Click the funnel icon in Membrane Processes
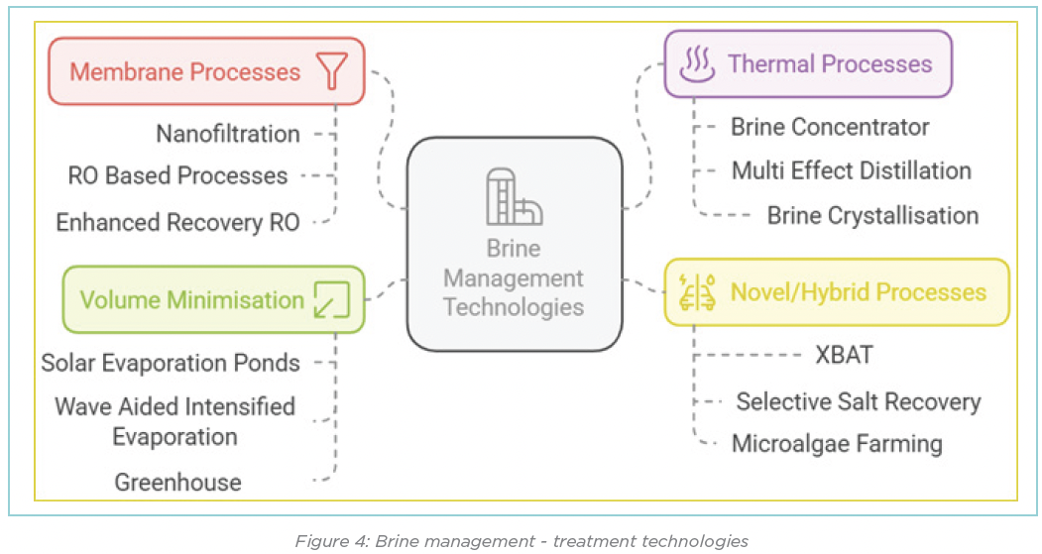point(331,71)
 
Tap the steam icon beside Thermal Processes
point(696,64)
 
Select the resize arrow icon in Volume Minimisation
point(331,299)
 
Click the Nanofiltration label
point(228,133)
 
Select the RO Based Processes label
point(177,176)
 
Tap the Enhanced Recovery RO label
point(177,222)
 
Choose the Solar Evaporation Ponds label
point(171,363)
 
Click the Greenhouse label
point(177,483)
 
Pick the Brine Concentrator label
point(830,127)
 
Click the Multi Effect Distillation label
point(851,170)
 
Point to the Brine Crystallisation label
point(872,215)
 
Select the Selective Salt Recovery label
point(858,401)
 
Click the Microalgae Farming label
point(837,443)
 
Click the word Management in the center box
point(513,278)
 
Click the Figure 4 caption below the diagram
point(521,540)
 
